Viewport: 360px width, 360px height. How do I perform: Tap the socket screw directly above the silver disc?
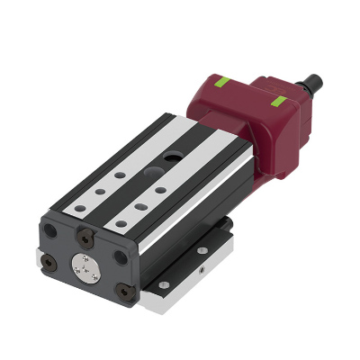[x=86, y=237]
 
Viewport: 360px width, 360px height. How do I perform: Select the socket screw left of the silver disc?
[x=51, y=258]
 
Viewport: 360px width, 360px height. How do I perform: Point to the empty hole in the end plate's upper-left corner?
[x=53, y=229]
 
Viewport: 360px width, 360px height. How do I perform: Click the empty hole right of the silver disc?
[x=119, y=260]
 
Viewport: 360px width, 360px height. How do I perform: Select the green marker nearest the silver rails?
[x=221, y=85]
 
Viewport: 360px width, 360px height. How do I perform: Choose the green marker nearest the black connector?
[x=279, y=98]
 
